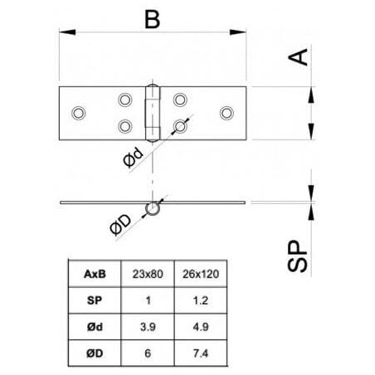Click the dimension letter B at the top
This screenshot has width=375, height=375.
click(153, 19)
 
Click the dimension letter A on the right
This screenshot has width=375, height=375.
click(298, 57)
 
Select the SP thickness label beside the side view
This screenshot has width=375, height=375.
click(297, 256)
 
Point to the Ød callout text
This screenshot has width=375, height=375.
click(134, 157)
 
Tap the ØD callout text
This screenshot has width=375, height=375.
click(120, 225)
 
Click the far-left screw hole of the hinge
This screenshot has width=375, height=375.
click(79, 113)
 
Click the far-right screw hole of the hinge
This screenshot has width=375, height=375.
click(226, 113)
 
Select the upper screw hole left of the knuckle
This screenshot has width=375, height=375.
click(125, 100)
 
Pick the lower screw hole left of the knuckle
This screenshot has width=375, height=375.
click(125, 126)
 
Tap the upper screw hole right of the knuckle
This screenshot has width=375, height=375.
click(180, 100)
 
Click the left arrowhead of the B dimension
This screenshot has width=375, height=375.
click(67, 32)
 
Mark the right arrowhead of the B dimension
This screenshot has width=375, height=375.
click(238, 32)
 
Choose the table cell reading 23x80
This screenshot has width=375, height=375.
click(148, 274)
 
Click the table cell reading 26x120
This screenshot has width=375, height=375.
click(201, 274)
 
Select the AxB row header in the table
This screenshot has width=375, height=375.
click(95, 274)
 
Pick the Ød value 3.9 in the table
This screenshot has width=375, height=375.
click(148, 327)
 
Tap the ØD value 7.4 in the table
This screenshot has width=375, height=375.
click(201, 353)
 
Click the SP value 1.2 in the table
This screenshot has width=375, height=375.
click(201, 300)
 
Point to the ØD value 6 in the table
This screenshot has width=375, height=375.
click(148, 353)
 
